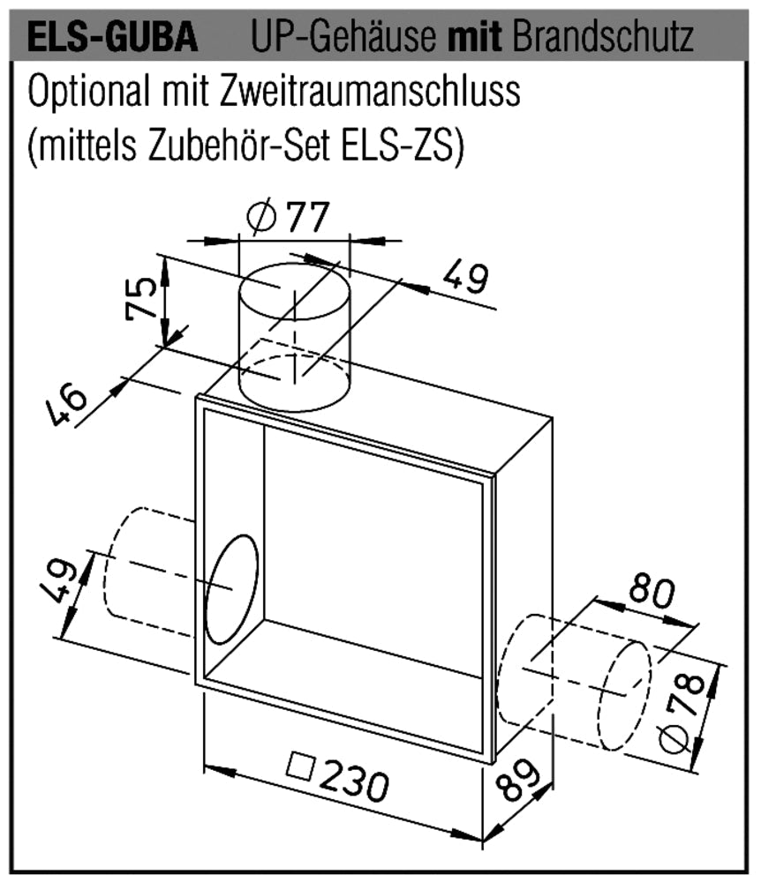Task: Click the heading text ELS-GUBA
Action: click(x=113, y=37)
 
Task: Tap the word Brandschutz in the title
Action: click(x=603, y=37)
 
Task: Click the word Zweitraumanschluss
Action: click(x=370, y=91)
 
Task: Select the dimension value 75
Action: click(x=140, y=298)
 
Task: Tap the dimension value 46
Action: click(x=66, y=406)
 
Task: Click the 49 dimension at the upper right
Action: click(x=465, y=277)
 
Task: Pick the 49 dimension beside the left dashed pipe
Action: click(x=58, y=581)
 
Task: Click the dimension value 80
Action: click(x=652, y=593)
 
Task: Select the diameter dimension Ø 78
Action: click(x=682, y=714)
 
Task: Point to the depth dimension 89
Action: click(x=518, y=779)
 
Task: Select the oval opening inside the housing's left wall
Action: click(x=232, y=589)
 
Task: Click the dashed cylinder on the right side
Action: click(x=575, y=682)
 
